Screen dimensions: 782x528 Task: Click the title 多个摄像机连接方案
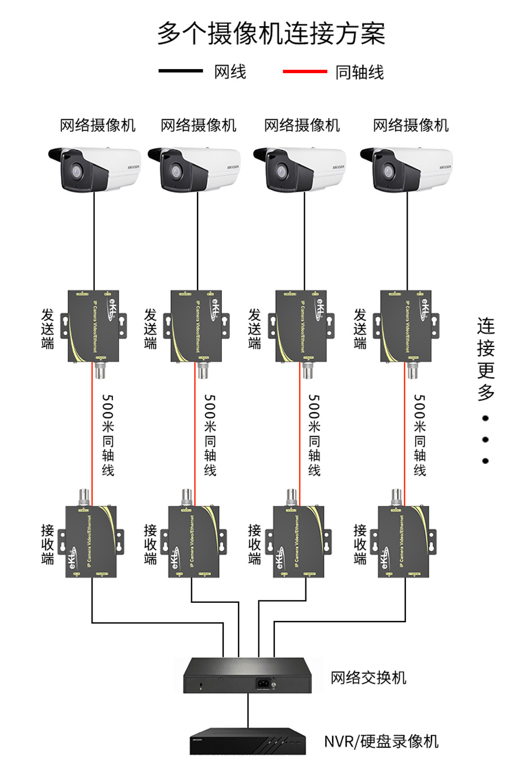coord(271,33)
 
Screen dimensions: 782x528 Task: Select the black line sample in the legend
coord(181,71)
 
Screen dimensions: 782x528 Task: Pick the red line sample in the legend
coord(305,71)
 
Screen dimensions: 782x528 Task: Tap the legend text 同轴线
coord(359,73)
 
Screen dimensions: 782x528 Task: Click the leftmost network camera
coord(94,168)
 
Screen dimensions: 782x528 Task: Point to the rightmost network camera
coord(407,168)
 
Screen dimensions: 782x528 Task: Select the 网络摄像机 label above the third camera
coord(302,125)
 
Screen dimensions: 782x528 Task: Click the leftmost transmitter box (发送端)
coord(94,326)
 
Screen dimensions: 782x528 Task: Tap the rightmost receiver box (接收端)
coord(404,542)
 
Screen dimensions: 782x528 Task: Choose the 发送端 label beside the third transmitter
coord(255,328)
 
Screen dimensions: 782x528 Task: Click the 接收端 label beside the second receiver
coord(150,544)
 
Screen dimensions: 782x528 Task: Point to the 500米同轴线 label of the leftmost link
coord(108,434)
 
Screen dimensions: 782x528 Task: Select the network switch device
coord(248,675)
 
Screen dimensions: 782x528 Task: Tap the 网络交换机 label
coord(368,678)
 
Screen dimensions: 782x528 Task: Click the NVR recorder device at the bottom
coord(248,741)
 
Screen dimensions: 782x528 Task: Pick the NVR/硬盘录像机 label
coord(381,741)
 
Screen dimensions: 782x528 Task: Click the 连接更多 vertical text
coord(486,358)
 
